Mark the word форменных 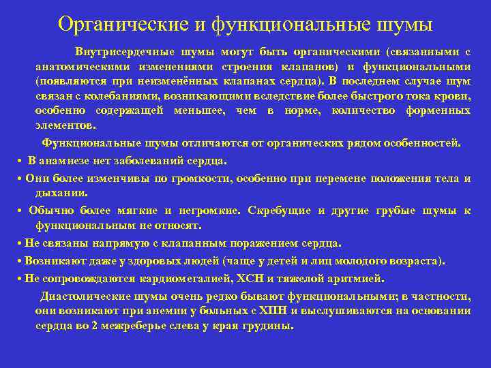tap(436, 111)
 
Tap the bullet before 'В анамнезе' tap(21, 161)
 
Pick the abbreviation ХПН tap(269, 311)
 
